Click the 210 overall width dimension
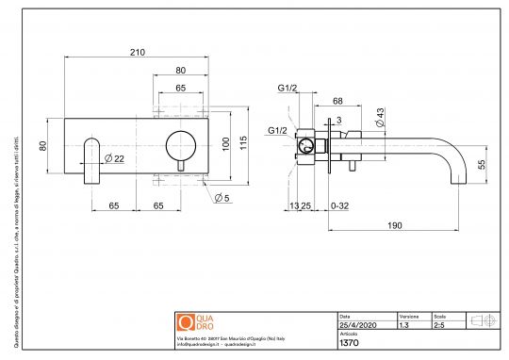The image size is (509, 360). click(x=138, y=52)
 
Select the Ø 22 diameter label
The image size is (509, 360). click(x=113, y=157)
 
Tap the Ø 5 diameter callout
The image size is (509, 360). click(x=223, y=197)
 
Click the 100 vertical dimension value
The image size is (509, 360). click(x=224, y=143)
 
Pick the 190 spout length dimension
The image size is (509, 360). click(x=394, y=225)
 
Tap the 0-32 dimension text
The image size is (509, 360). click(x=339, y=205)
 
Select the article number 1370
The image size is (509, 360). click(x=350, y=344)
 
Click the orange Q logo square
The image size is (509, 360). click(x=186, y=321)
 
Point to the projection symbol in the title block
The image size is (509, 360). click(x=481, y=320)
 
